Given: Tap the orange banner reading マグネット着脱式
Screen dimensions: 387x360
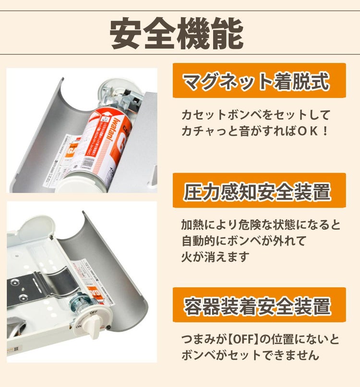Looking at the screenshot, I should pyautogui.click(x=259, y=81).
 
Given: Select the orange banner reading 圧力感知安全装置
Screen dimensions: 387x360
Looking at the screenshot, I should pyautogui.click(x=259, y=191).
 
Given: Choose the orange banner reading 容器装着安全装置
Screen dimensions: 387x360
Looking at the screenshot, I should pyautogui.click(x=259, y=305).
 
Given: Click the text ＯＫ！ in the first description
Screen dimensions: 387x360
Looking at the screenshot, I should pyautogui.click(x=313, y=130).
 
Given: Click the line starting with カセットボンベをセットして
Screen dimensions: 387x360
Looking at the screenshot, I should pyautogui.click(x=256, y=115).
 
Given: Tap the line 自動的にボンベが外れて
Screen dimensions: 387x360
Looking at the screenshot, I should pyautogui.click(x=243, y=241).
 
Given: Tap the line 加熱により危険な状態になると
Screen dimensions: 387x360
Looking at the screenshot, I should pyautogui.click(x=261, y=225).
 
